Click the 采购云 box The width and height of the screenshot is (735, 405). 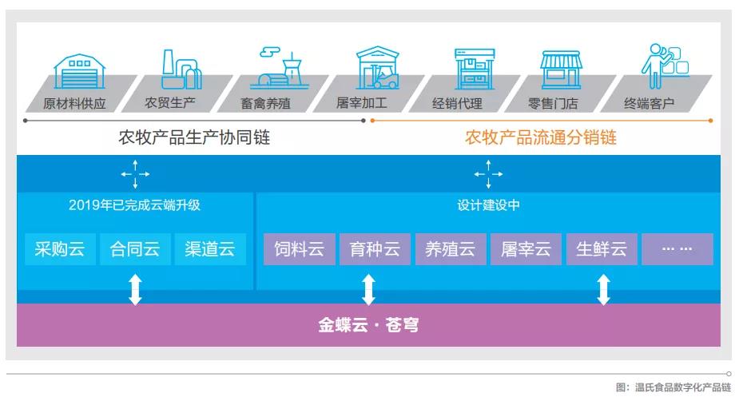click(x=60, y=249)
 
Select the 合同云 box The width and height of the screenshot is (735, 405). click(x=135, y=249)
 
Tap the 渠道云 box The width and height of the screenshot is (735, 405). click(x=210, y=249)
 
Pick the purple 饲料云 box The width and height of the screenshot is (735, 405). click(x=299, y=249)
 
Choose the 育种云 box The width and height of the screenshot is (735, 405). click(x=375, y=249)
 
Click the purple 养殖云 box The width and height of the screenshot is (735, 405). click(x=451, y=249)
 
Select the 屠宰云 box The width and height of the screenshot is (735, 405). click(x=526, y=249)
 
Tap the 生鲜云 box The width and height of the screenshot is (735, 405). click(x=602, y=249)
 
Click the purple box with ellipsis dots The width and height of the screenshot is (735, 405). click(x=677, y=249)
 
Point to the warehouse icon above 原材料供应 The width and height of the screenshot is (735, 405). click(x=79, y=71)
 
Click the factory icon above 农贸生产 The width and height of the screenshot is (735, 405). click(x=181, y=69)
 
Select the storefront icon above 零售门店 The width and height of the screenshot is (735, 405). click(x=561, y=69)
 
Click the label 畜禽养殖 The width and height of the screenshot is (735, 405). click(x=265, y=103)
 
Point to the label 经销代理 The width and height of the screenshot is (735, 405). click(x=457, y=103)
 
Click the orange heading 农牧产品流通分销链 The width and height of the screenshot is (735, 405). click(x=541, y=137)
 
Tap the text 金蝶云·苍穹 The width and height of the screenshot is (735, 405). click(x=368, y=325)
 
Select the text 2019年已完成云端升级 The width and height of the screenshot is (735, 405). click(x=134, y=204)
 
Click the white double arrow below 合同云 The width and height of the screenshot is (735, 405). click(x=135, y=290)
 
